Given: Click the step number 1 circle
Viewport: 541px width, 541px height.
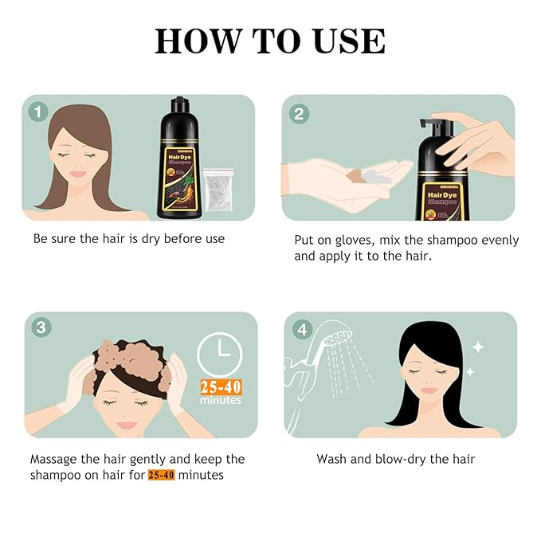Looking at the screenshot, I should (x=37, y=111).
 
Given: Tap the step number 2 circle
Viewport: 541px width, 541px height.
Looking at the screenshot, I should (x=299, y=112).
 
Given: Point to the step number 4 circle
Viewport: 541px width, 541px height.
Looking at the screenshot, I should (x=300, y=327).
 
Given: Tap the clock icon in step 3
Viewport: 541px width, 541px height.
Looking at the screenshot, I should (x=219, y=354).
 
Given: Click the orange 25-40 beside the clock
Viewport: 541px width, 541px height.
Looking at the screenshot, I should (x=219, y=387).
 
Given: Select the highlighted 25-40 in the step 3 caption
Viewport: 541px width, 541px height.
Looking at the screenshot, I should (x=161, y=475).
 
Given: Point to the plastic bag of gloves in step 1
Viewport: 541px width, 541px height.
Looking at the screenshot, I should (x=220, y=190).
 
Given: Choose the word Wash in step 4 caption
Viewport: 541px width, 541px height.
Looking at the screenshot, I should (x=331, y=459).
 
